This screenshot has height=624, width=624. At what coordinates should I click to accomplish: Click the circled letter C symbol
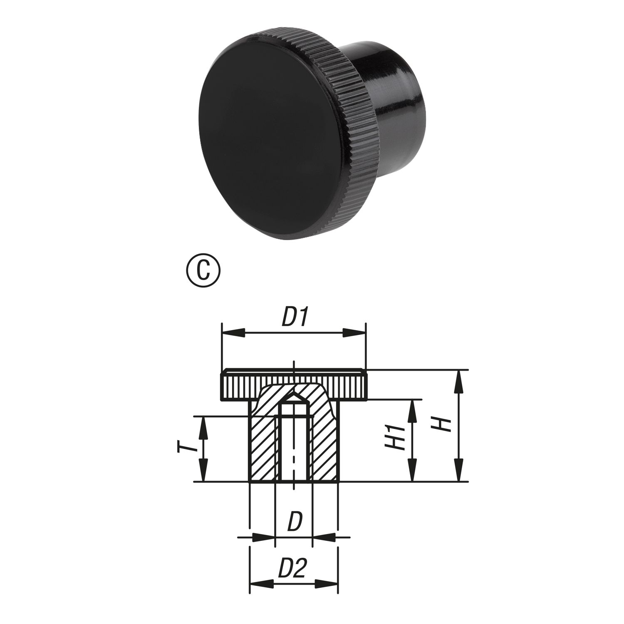click(204, 270)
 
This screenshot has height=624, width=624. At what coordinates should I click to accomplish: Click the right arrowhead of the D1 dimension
click(354, 333)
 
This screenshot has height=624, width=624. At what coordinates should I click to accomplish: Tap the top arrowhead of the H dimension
click(459, 381)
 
